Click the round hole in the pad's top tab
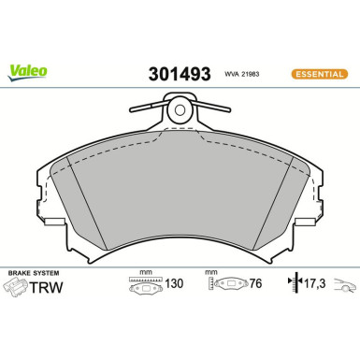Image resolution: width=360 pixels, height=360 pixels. pos(180,113)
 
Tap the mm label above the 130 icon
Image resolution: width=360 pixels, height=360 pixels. pos(145,272)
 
